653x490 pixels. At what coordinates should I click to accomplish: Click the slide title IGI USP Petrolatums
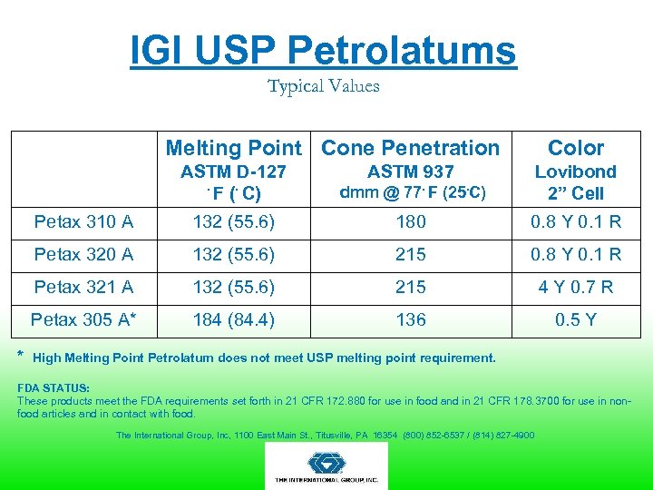[323, 51]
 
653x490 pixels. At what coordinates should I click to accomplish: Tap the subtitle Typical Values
[323, 86]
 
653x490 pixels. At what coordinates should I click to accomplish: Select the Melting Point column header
[233, 148]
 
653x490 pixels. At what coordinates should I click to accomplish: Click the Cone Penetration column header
[410, 148]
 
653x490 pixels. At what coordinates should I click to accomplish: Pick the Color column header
[575, 148]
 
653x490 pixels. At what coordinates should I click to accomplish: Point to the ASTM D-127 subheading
[233, 171]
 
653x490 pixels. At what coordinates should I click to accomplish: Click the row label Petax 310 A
[83, 221]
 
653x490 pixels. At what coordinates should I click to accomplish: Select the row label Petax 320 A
[83, 254]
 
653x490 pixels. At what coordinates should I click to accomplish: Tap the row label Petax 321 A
[83, 287]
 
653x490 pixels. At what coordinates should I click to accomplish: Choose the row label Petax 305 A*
[83, 319]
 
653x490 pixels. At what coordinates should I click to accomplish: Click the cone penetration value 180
[410, 221]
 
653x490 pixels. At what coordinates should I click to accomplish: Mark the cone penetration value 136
[410, 319]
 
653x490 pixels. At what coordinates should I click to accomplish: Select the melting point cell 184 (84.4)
[233, 319]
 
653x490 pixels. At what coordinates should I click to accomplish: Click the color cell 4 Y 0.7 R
[575, 287]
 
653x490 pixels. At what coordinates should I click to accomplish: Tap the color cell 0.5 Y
[575, 319]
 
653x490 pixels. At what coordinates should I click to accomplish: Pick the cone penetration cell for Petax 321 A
[410, 287]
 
